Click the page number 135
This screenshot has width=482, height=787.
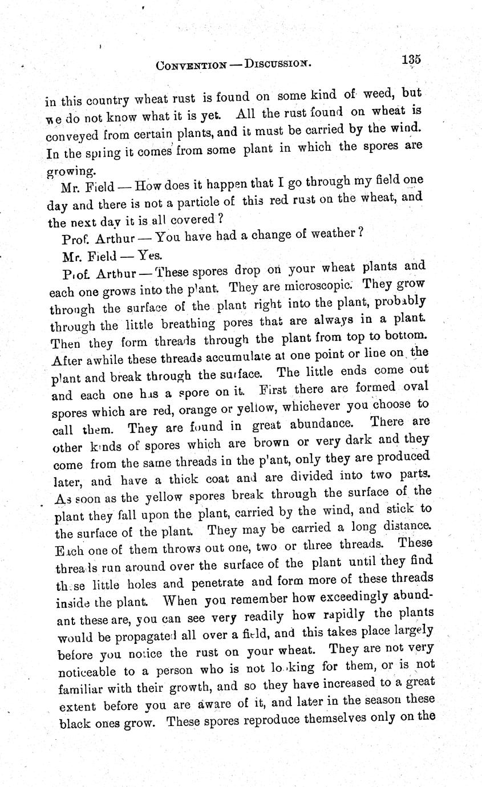pos(411,59)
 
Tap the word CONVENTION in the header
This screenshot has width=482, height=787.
pos(191,65)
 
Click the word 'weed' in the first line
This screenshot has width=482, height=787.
pos(379,94)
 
